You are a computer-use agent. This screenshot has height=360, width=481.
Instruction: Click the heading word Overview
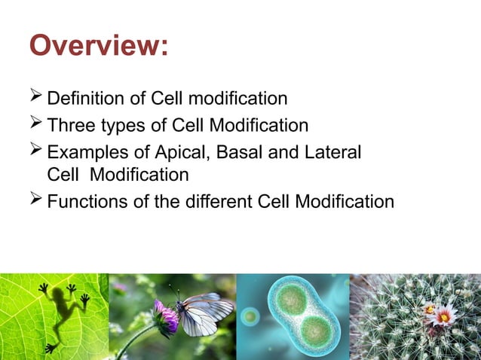pos(98,47)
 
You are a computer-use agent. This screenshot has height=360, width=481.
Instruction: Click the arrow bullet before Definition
pos(35,99)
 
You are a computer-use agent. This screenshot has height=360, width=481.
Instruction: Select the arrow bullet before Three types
pos(35,124)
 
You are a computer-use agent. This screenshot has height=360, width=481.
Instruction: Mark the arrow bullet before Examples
pos(35,150)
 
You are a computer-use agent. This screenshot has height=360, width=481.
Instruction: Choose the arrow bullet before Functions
pos(35,201)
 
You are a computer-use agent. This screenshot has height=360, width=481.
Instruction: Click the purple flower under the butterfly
pos(166,316)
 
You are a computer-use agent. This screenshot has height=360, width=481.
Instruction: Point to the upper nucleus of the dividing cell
pos(290,298)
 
